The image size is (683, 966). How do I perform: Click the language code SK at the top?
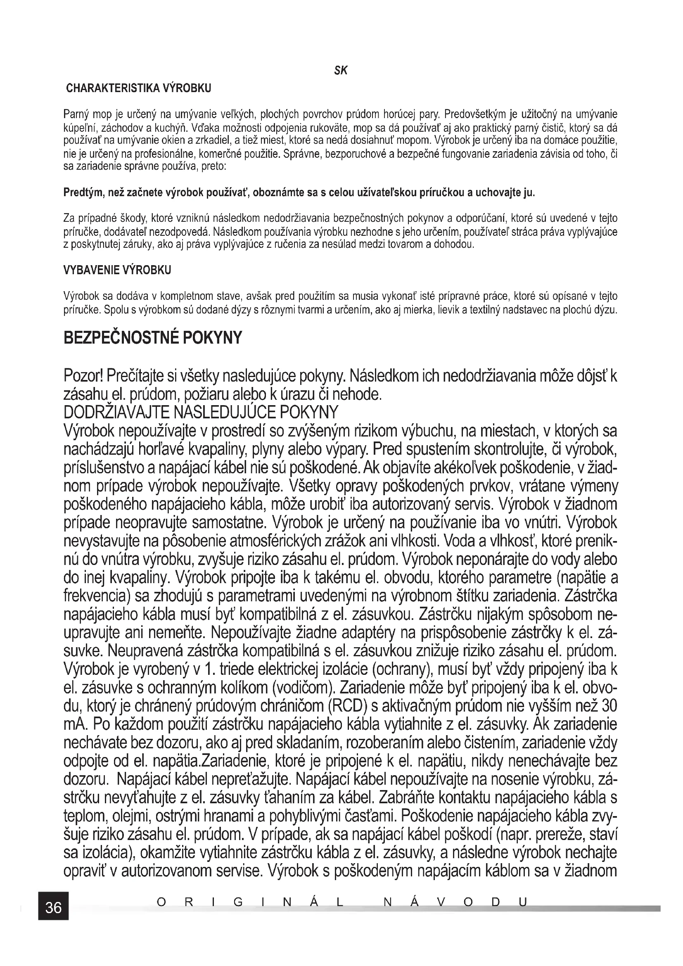coord(341,71)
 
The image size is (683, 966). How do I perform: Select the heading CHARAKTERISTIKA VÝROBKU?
coord(139,88)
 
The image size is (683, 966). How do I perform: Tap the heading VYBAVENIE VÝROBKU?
coord(117,270)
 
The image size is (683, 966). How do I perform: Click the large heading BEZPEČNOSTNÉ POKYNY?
coord(153,337)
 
